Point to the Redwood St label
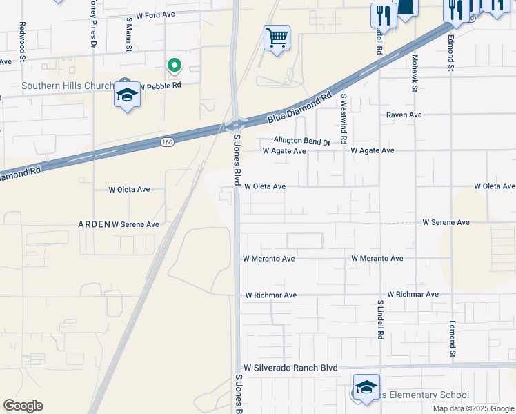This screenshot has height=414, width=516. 23,41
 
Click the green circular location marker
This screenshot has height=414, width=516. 175,66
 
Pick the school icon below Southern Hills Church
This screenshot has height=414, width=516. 127,95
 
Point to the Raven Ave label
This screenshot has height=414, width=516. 404,115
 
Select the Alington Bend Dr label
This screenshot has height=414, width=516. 302,141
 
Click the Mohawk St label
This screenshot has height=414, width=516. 415,73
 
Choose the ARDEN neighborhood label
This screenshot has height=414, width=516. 93,224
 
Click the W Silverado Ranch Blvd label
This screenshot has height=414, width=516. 290,368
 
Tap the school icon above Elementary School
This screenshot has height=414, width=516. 366,386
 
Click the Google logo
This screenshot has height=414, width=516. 23,406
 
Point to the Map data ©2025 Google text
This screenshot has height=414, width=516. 473,408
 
